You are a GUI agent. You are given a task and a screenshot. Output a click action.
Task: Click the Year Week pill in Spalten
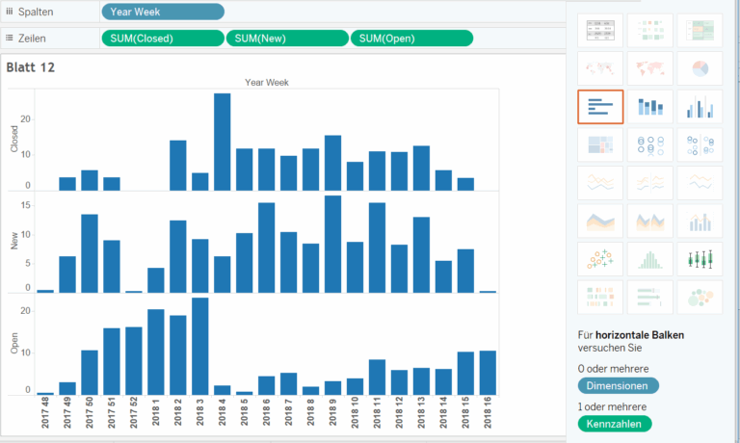pyautogui.click(x=162, y=12)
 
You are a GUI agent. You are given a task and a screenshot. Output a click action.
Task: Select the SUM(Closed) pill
pyautogui.click(x=162, y=38)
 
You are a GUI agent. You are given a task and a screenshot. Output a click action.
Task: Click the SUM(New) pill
pyautogui.click(x=286, y=38)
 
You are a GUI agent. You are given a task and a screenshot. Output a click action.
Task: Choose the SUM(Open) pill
pyautogui.click(x=411, y=38)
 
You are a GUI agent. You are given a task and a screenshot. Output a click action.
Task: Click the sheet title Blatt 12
pyautogui.click(x=30, y=67)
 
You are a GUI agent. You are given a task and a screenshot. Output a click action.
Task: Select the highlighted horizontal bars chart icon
pyautogui.click(x=600, y=106)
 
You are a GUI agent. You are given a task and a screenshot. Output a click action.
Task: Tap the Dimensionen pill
pyautogui.click(x=618, y=386)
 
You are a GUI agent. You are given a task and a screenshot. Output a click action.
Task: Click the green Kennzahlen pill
pyautogui.click(x=615, y=424)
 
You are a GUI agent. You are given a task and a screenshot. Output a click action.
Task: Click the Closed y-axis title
pyautogui.click(x=13, y=140)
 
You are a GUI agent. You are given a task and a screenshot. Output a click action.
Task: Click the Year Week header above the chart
pyautogui.click(x=267, y=82)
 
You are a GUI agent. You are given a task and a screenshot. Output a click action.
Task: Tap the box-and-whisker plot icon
pyautogui.click(x=700, y=259)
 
